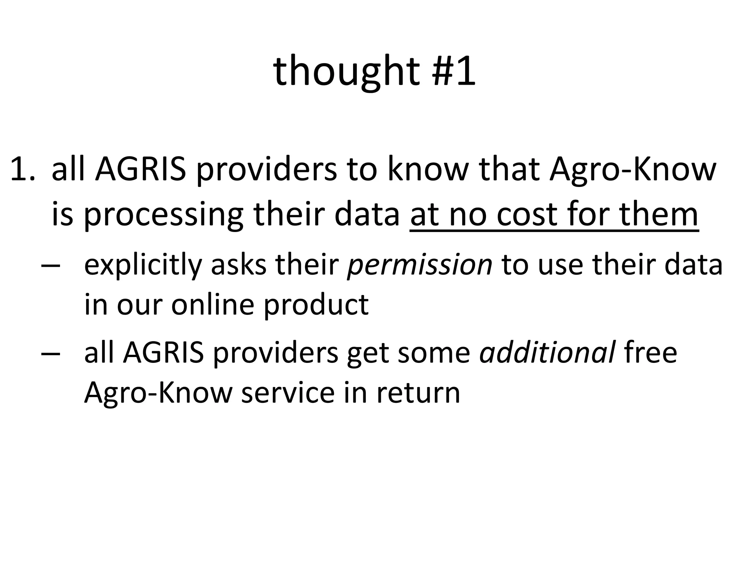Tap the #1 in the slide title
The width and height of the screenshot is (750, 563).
click(x=454, y=71)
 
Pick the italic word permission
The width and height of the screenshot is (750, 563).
click(x=420, y=265)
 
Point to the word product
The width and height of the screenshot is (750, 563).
click(x=316, y=305)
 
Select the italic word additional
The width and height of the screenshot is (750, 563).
click(x=547, y=353)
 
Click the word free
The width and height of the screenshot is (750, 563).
click(x=650, y=353)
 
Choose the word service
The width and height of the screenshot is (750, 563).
click(x=288, y=393)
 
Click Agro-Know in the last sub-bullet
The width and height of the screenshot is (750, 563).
click(x=158, y=393)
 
